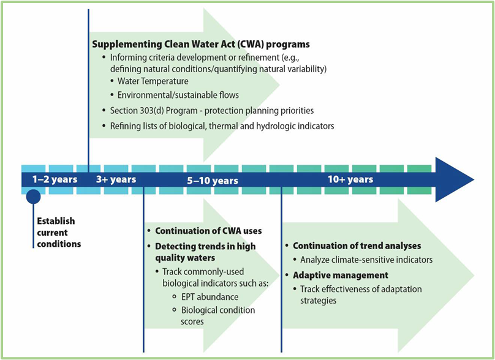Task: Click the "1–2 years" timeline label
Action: [x=55, y=179]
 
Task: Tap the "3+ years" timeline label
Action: [x=116, y=179]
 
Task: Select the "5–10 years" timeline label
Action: [x=213, y=180]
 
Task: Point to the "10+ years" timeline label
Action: [x=350, y=179]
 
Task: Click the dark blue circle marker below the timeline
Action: [x=33, y=197]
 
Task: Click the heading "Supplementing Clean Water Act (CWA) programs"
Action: [x=201, y=45]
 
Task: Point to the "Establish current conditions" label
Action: [x=58, y=232]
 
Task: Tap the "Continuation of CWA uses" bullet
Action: [x=208, y=231]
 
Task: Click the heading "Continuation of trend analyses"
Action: [x=357, y=246]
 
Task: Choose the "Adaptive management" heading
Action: [x=341, y=275]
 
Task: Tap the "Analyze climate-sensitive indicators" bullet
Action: [x=366, y=260]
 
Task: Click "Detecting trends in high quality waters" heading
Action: [x=205, y=252]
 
